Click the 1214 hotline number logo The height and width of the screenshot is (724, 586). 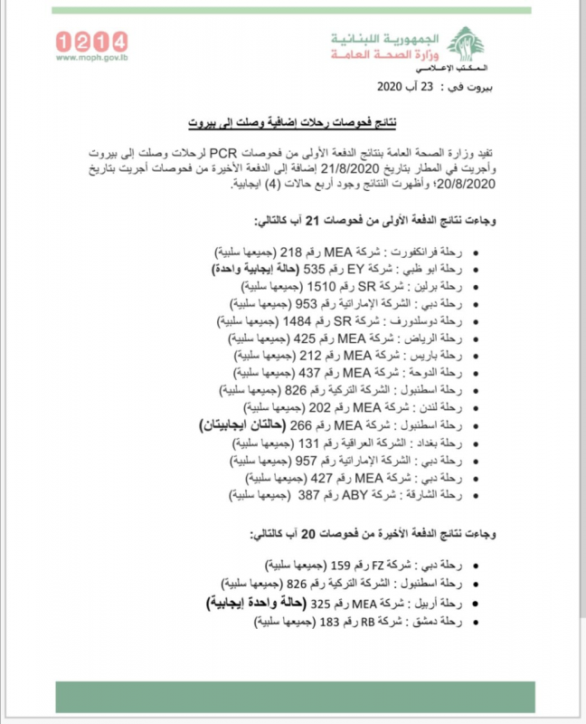point(91,41)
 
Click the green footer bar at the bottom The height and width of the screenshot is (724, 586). point(293,696)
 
